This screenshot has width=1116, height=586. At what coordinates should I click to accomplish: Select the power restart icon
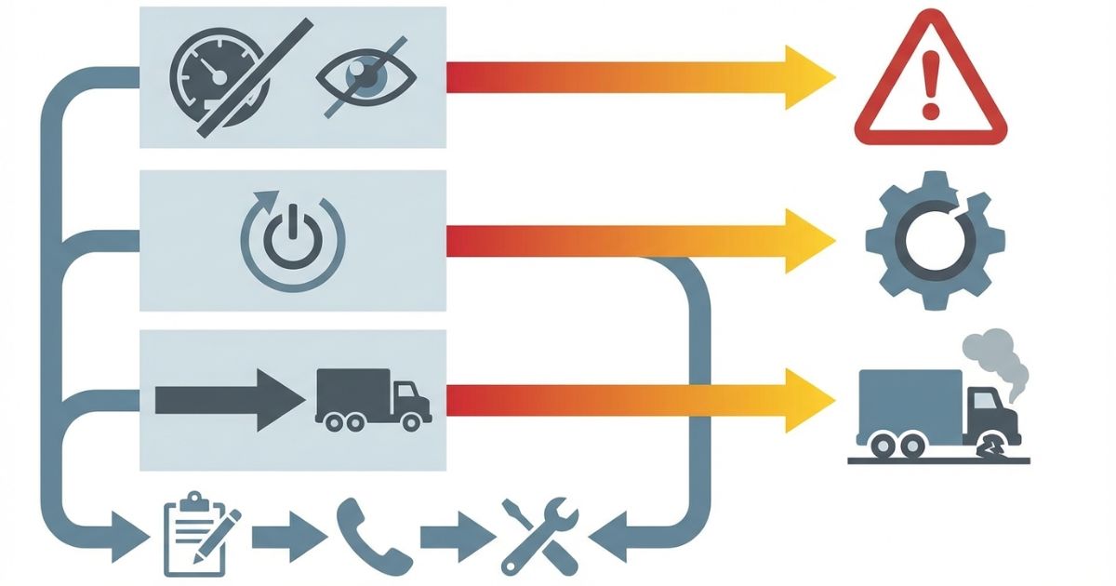pos(292,240)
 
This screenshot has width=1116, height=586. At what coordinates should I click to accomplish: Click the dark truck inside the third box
pos(372,398)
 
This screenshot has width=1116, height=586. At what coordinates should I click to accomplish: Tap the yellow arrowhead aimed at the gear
pos(807,241)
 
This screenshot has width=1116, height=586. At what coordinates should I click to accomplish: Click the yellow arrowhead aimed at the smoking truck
pos(807,400)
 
